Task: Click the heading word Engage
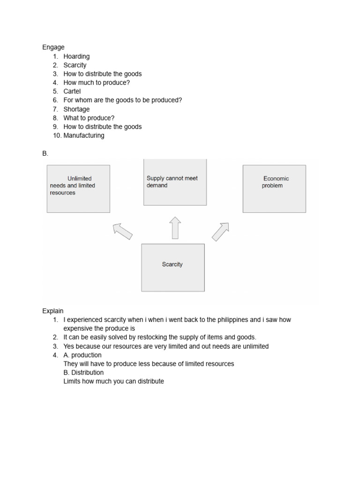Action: pos(53,47)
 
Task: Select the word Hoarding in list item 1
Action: pos(76,56)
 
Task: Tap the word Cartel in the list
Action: pos(72,91)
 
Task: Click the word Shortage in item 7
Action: pos(76,109)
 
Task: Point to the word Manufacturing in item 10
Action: pos(84,135)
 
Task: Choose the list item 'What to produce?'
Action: pos(89,118)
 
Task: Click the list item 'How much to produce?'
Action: pos(97,82)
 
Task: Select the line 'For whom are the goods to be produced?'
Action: pos(122,100)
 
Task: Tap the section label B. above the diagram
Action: pos(45,154)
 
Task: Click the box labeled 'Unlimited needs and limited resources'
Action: pos(78,188)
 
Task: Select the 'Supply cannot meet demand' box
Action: pos(174,182)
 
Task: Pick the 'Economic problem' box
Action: pos(274,188)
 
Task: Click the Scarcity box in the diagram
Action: pos(172,267)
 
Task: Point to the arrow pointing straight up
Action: pos(175,228)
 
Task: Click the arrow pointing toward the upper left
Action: pos(123,231)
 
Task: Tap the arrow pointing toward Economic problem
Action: pos(220,232)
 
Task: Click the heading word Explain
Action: pos(53,311)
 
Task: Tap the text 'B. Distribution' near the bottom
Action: pos(83,373)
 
